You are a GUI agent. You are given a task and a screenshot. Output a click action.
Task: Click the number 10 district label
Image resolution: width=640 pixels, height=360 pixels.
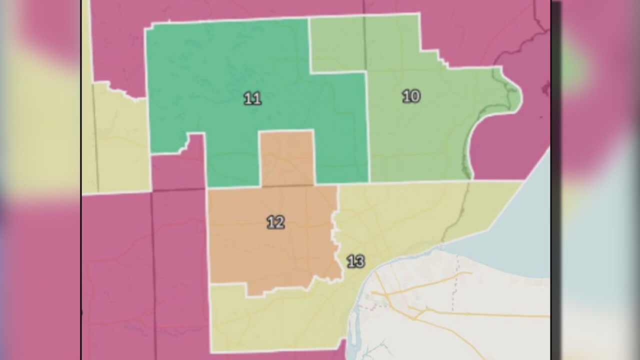point(411,96)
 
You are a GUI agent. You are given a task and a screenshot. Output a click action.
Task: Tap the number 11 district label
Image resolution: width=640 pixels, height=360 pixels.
point(252,98)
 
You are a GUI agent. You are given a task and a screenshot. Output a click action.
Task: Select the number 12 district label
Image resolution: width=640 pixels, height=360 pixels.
point(275,222)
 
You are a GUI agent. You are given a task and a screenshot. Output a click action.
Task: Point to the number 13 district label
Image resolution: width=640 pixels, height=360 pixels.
point(355,261)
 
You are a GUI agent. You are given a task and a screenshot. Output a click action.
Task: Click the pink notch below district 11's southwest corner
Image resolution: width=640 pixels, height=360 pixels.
point(177,170)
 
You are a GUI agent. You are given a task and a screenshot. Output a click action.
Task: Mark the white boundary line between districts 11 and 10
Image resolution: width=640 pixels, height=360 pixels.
point(367,125)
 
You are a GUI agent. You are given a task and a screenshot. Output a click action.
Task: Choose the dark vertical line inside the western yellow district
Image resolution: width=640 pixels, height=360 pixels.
point(95,140)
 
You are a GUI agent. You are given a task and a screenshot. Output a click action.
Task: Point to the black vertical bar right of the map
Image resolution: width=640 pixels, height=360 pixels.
point(555,180)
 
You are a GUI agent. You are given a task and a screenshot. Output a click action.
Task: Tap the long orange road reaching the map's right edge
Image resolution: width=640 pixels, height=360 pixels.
point(500,315)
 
